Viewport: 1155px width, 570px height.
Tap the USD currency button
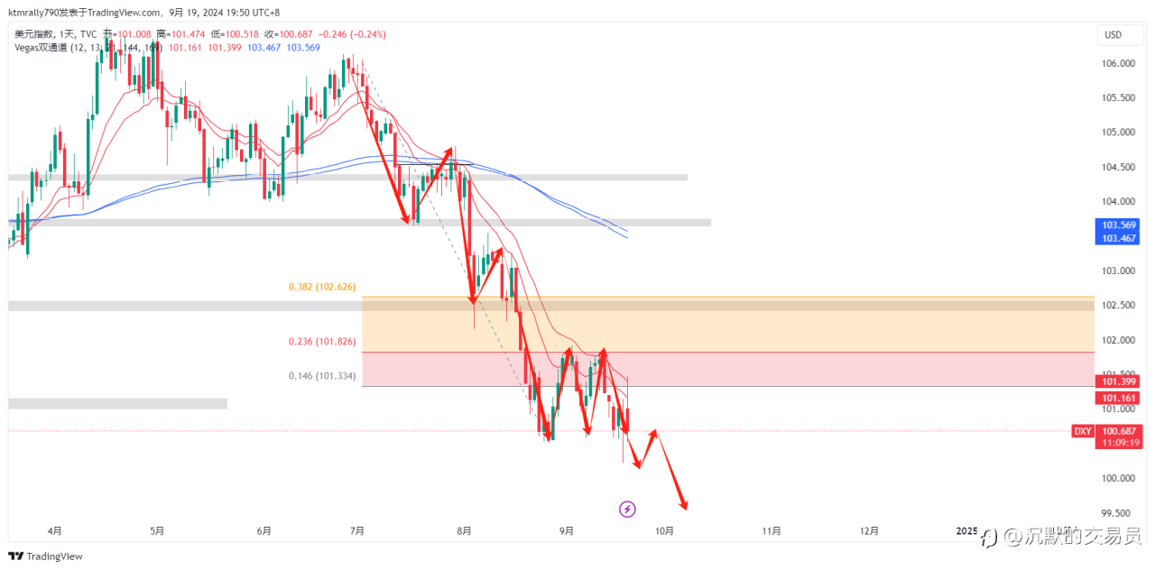1113,35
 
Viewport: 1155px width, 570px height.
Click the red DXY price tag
1083,431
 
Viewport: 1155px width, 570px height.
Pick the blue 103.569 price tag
1119,225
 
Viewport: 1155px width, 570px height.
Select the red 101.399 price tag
1119,381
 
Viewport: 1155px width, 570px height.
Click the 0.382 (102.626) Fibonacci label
322,287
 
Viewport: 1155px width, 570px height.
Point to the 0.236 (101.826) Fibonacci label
322,342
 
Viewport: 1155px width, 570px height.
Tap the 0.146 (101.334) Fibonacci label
322,376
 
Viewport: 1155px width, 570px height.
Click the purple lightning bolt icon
627,510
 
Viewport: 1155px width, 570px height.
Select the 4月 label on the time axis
54,531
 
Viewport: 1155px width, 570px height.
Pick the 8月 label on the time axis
465,531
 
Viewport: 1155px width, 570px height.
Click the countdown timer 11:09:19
1119,443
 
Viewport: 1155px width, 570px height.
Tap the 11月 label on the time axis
771,531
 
